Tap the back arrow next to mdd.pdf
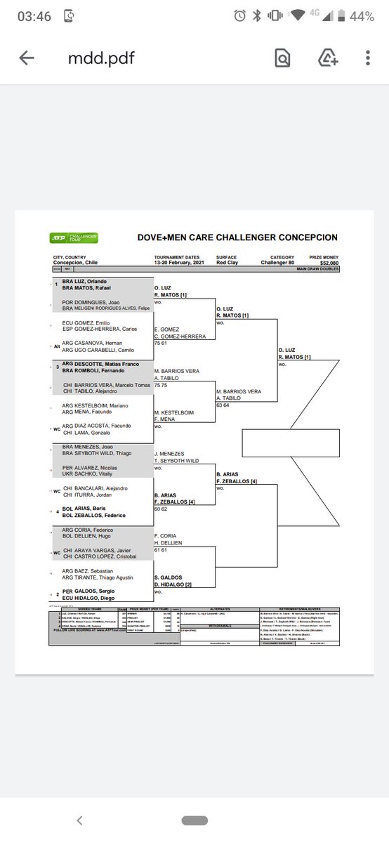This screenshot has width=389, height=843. (27, 59)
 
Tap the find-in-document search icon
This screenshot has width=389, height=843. (282, 59)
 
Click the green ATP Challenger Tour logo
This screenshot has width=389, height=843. (74, 237)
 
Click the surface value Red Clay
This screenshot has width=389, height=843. (228, 263)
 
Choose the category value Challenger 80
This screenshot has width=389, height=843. (278, 263)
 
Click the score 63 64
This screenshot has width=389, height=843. (223, 405)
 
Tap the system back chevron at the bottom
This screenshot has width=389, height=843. (79, 820)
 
